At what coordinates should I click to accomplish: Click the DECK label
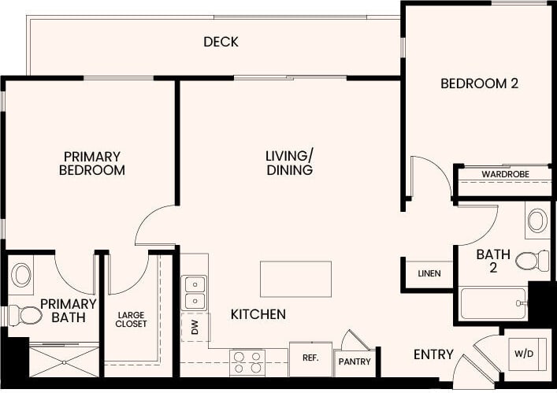pyautogui.click(x=221, y=42)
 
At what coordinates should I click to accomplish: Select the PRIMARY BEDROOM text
pyautogui.click(x=92, y=163)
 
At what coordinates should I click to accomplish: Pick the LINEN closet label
pyautogui.click(x=429, y=274)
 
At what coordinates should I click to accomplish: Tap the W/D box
pyautogui.click(x=525, y=354)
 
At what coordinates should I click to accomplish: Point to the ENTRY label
pyautogui.click(x=433, y=355)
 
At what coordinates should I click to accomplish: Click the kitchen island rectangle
pyautogui.click(x=295, y=278)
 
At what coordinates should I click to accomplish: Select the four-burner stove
pyautogui.click(x=247, y=362)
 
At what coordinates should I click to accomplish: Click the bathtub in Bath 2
pyautogui.click(x=493, y=303)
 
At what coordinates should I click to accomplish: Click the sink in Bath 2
pyautogui.click(x=537, y=221)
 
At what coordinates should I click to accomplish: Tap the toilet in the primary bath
pyautogui.click(x=25, y=316)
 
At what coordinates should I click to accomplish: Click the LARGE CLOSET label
pyautogui.click(x=131, y=318)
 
